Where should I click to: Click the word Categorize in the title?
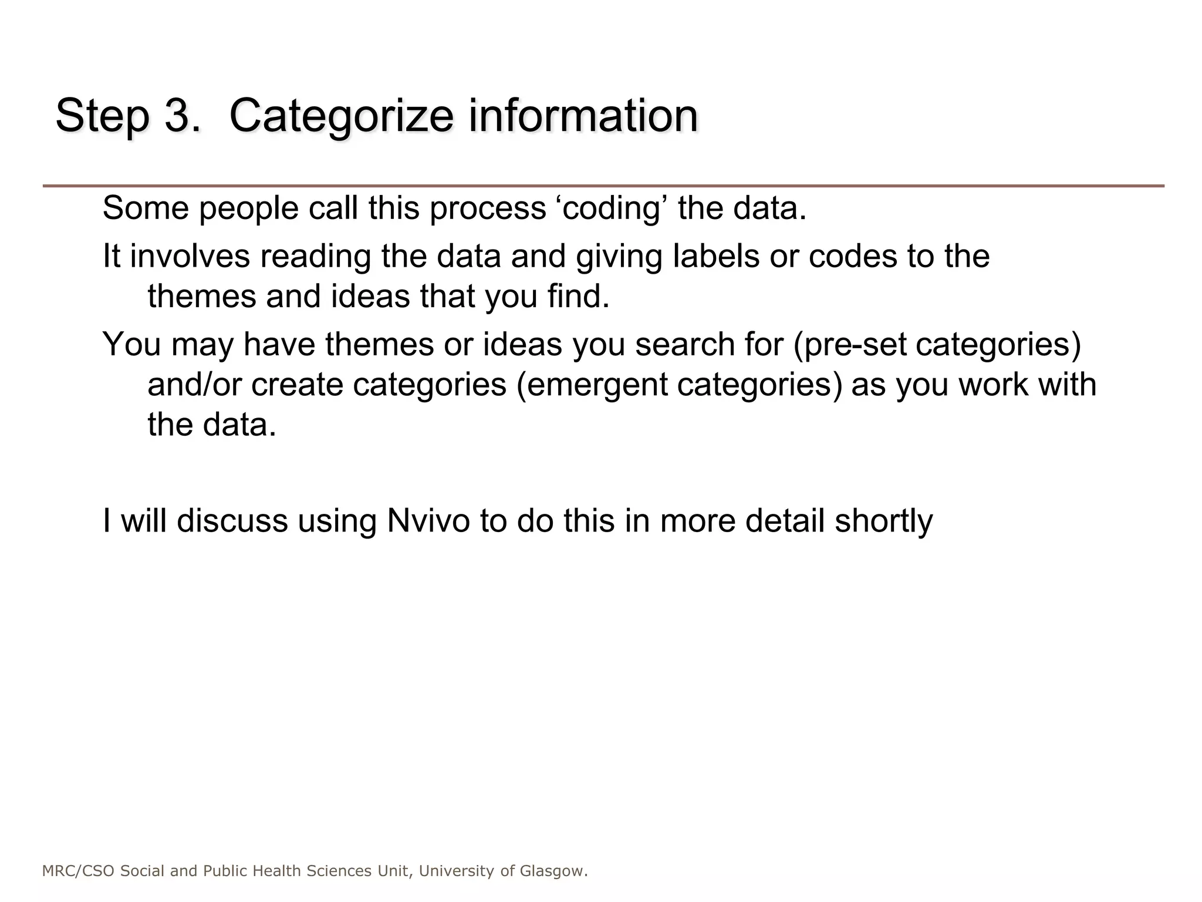[x=341, y=116]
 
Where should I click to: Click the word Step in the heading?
[x=102, y=116]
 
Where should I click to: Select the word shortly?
[x=883, y=521]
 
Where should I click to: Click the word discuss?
[x=232, y=521]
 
